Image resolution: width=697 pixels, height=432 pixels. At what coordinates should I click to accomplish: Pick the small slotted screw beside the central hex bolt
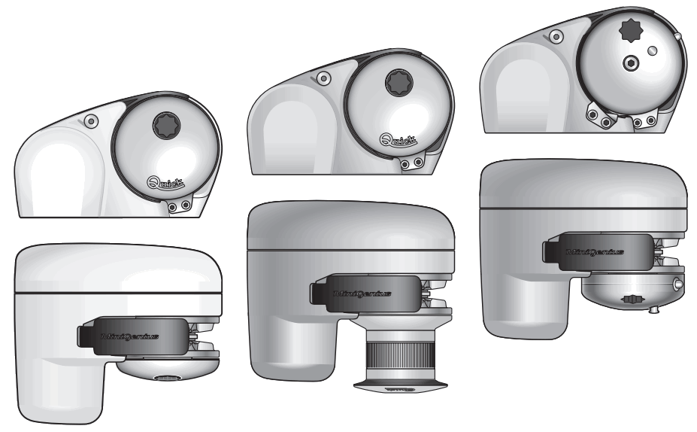(x=652, y=50)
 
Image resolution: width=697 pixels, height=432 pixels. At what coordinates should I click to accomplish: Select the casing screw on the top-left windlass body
(x=90, y=120)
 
